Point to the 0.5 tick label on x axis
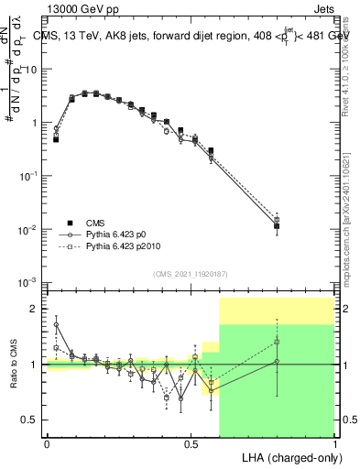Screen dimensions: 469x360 [191, 443]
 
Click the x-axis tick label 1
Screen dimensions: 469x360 [334, 443]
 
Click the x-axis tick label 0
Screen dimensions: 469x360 [47, 443]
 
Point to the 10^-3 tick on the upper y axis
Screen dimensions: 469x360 [27, 281]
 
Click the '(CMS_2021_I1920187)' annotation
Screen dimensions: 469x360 [191, 272]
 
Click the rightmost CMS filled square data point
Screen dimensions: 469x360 [277, 225]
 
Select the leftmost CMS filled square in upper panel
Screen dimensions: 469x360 [56, 140]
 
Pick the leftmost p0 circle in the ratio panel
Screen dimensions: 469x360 [56, 324]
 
